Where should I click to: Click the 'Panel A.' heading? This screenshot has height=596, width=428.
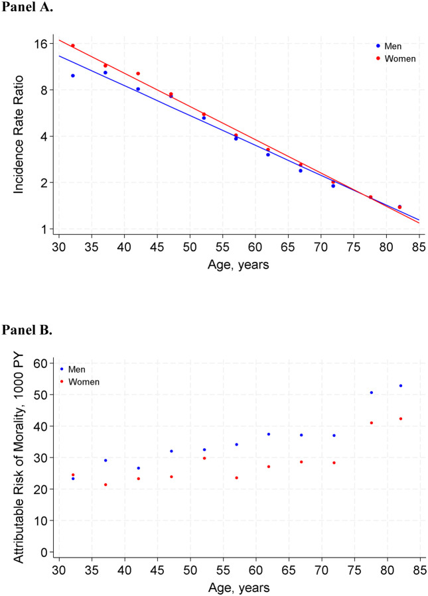click(x=27, y=7)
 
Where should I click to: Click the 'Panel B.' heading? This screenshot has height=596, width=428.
click(x=27, y=329)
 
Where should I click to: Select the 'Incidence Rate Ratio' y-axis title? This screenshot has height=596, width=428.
click(x=19, y=135)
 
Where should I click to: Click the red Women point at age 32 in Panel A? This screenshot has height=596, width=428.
click(x=73, y=46)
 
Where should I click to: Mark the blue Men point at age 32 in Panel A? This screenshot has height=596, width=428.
click(x=73, y=76)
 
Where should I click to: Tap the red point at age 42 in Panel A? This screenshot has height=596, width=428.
click(x=138, y=74)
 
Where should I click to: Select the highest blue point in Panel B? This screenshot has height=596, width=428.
click(x=401, y=385)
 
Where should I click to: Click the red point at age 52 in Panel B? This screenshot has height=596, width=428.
click(x=204, y=458)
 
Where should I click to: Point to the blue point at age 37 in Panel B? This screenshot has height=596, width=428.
click(x=106, y=460)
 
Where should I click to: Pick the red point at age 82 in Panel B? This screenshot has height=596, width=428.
click(x=401, y=418)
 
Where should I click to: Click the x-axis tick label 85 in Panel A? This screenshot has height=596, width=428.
click(x=419, y=247)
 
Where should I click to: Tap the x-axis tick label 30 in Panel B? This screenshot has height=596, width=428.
click(x=59, y=570)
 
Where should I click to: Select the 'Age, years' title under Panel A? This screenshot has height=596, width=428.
click(x=238, y=265)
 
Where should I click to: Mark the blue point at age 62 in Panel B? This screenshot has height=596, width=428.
click(x=269, y=434)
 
